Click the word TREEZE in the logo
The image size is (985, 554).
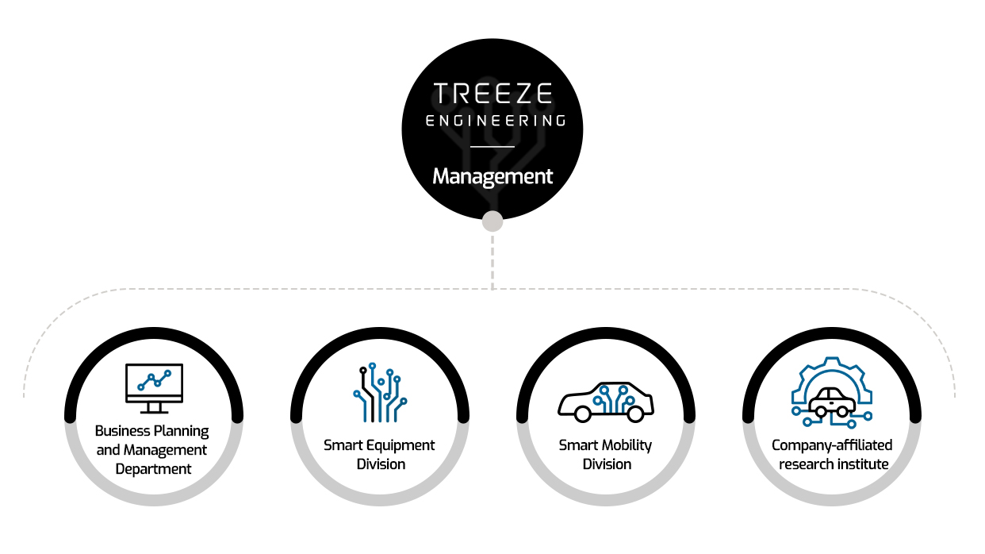coord(492,93)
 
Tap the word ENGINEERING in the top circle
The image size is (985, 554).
coord(496,121)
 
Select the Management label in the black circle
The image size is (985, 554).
coord(492,176)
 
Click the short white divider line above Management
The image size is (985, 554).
coord(492,147)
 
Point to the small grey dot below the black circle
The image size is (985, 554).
coord(492,221)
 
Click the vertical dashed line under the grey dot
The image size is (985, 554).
coord(492,262)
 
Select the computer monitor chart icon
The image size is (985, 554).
coord(154,389)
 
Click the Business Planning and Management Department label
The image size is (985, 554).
coord(152,450)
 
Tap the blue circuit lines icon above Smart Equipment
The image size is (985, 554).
coord(380,393)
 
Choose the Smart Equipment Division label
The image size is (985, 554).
coord(380,455)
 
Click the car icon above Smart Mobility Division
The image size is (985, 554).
coord(606,402)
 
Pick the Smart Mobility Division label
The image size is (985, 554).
coord(605,455)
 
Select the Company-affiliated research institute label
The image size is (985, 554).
coord(832,455)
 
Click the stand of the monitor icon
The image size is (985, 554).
coord(154,408)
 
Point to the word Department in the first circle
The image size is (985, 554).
coord(154,469)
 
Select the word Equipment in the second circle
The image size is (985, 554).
coord(401,446)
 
